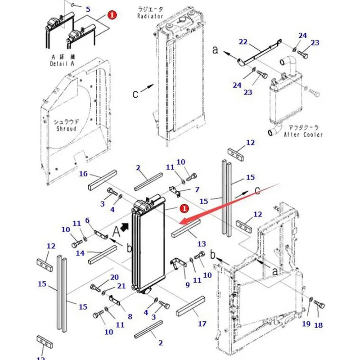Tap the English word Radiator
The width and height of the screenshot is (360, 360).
click(x=151, y=16)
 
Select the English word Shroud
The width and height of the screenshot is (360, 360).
click(x=66, y=129)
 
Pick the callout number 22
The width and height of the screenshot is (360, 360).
click(x=243, y=42)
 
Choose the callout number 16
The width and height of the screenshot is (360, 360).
click(x=83, y=174)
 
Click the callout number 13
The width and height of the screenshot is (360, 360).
click(x=202, y=243)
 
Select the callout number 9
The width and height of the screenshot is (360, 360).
click(x=188, y=284)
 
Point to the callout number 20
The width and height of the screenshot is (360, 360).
click(x=115, y=277)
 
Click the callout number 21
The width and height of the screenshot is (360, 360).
click(x=121, y=286)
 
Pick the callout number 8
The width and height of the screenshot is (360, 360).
click(x=130, y=316)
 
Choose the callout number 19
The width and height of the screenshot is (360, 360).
click(x=306, y=324)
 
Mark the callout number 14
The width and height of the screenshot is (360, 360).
click(x=80, y=253)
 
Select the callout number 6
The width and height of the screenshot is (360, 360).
click(x=88, y=220)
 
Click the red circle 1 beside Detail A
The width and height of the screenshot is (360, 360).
click(x=112, y=15)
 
